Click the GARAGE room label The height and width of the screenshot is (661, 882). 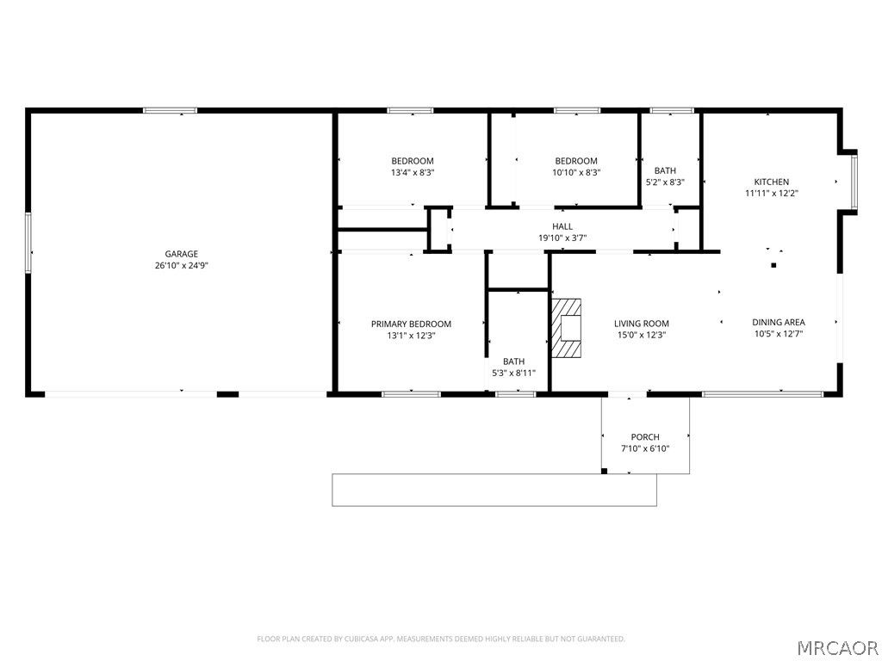pyautogui.click(x=182, y=254)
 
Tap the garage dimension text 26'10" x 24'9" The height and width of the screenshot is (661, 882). pyautogui.click(x=182, y=266)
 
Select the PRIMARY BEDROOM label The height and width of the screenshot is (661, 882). pyautogui.click(x=411, y=324)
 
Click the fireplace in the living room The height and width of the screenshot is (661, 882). pyautogui.click(x=568, y=328)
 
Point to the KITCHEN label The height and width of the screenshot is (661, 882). pyautogui.click(x=771, y=182)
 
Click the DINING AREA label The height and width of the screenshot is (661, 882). pyautogui.click(x=778, y=323)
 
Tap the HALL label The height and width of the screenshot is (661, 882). pyautogui.click(x=562, y=226)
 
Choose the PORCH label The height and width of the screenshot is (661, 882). pyautogui.click(x=645, y=437)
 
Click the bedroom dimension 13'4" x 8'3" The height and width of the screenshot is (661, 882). pyautogui.click(x=413, y=172)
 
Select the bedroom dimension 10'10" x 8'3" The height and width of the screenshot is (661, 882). pyautogui.click(x=576, y=172)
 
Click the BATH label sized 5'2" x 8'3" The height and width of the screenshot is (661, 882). pyautogui.click(x=665, y=170)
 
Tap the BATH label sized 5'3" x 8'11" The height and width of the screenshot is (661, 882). pyautogui.click(x=513, y=361)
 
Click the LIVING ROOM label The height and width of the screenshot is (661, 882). pyautogui.click(x=641, y=324)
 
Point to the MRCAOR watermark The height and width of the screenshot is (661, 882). pyautogui.click(x=836, y=646)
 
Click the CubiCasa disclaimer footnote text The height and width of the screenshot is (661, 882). pyautogui.click(x=441, y=639)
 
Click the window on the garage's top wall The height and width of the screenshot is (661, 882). pyautogui.click(x=170, y=110)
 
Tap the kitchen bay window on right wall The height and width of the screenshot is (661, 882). pyautogui.click(x=854, y=182)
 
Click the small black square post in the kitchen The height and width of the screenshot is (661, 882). pyautogui.click(x=773, y=265)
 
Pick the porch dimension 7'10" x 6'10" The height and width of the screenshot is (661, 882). pyautogui.click(x=645, y=448)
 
